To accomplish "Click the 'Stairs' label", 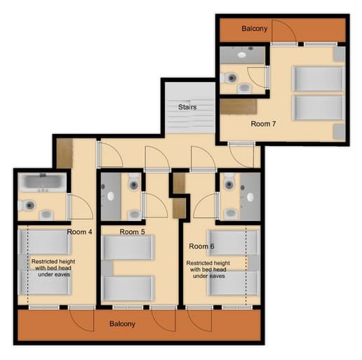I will click(187, 107).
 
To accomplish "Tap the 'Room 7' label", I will click(264, 124).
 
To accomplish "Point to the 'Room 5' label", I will click(132, 231).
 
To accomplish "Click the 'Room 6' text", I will click(202, 246).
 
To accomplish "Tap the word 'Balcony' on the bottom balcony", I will click(122, 324).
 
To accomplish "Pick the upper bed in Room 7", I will click(317, 79).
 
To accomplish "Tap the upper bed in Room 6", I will click(232, 244).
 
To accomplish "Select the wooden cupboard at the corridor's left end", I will click(64, 154).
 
